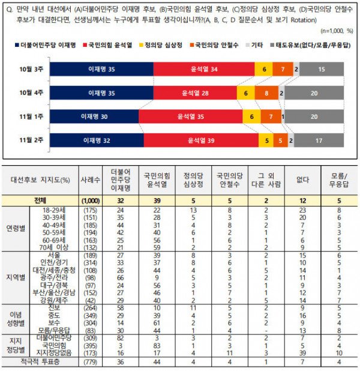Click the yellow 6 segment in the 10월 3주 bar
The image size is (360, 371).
click(x=265, y=70)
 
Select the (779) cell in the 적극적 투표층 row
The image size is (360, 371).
click(x=90, y=361)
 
